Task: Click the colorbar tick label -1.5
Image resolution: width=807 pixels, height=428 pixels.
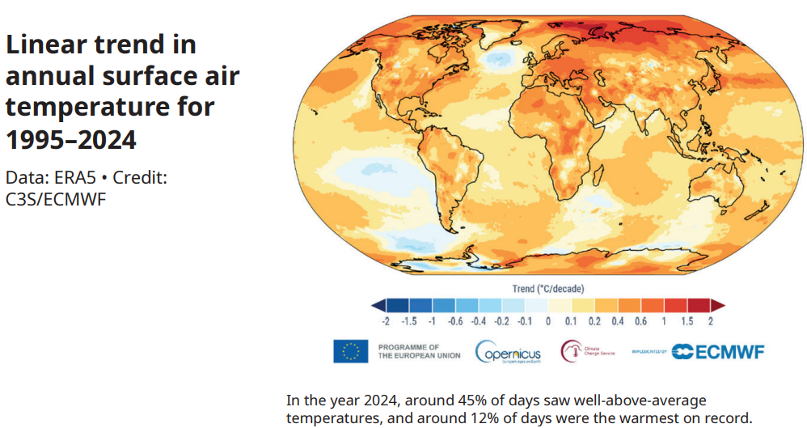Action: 408,321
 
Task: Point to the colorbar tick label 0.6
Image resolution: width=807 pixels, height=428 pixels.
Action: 640,321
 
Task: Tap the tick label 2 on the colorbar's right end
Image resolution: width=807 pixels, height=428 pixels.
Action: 710,321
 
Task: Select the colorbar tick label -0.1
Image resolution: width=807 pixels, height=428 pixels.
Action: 525,321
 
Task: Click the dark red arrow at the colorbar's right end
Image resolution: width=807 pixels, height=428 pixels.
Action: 718,305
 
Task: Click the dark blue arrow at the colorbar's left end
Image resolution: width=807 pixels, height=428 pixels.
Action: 378,305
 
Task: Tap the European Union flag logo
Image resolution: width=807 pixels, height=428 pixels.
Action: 351,351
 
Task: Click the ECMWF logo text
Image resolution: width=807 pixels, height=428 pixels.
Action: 719,351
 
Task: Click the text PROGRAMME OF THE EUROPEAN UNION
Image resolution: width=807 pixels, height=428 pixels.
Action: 419,351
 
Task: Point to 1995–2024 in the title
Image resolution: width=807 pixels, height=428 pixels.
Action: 71,139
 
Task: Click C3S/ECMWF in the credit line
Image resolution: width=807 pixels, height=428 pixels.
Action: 56,198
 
